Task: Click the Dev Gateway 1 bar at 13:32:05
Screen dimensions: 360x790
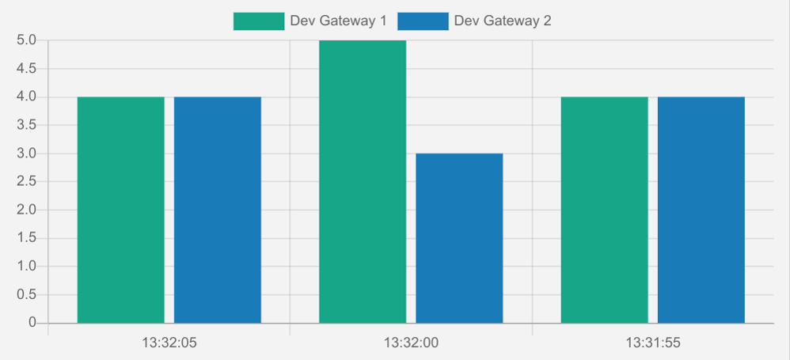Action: click(120, 210)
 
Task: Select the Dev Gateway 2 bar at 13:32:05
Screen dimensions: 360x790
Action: click(218, 210)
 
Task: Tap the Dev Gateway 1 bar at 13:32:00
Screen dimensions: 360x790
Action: click(363, 181)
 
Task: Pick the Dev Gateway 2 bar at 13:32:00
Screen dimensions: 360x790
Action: click(459, 237)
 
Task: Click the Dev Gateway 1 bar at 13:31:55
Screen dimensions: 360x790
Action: click(604, 210)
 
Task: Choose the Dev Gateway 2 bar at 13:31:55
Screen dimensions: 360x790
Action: click(701, 210)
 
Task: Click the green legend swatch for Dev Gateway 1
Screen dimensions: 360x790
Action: click(258, 21)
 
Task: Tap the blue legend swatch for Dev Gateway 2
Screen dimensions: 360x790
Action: click(423, 21)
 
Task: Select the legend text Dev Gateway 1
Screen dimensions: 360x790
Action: click(338, 21)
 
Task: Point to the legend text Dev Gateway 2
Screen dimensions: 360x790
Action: click(503, 21)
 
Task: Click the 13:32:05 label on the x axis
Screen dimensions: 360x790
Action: click(169, 343)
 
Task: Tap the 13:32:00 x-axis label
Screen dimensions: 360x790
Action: click(411, 343)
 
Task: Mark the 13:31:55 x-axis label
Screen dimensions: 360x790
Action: click(653, 343)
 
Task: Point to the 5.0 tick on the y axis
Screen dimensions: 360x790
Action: click(26, 40)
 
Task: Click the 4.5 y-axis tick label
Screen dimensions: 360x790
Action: click(26, 69)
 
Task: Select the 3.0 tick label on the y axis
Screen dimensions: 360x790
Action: click(26, 153)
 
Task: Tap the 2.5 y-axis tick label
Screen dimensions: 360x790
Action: click(26, 182)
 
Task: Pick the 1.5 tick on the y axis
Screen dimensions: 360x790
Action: click(26, 238)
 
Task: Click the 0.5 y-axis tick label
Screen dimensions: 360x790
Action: click(26, 294)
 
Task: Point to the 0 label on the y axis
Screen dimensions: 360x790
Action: click(32, 323)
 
